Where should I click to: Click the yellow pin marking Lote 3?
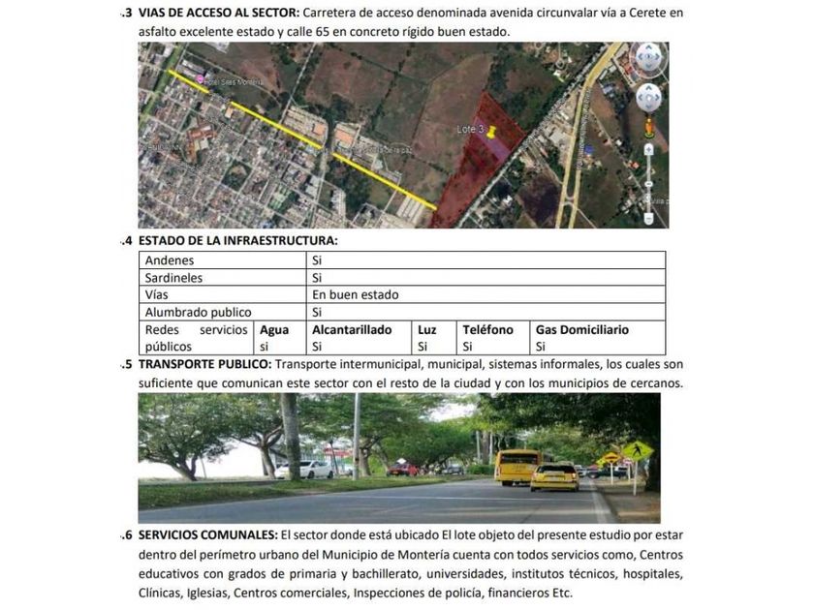point(491,131)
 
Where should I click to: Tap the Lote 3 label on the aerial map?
point(470,129)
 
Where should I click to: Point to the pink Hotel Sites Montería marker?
point(201,78)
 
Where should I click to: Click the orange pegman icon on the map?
point(648,127)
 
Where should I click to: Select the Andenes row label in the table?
point(170,260)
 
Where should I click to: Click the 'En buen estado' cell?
point(355,295)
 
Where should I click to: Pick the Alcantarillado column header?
point(352,330)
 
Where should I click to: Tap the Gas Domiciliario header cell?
point(581,330)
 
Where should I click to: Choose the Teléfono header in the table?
point(487,330)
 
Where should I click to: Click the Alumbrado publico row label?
point(198,313)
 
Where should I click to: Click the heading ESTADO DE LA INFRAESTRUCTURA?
point(237,240)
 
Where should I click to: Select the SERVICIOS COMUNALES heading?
point(207,534)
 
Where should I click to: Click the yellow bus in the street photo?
point(517,466)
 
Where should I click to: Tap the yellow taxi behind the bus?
point(555,475)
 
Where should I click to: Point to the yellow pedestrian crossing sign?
point(637,451)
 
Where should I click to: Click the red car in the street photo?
point(402,470)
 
